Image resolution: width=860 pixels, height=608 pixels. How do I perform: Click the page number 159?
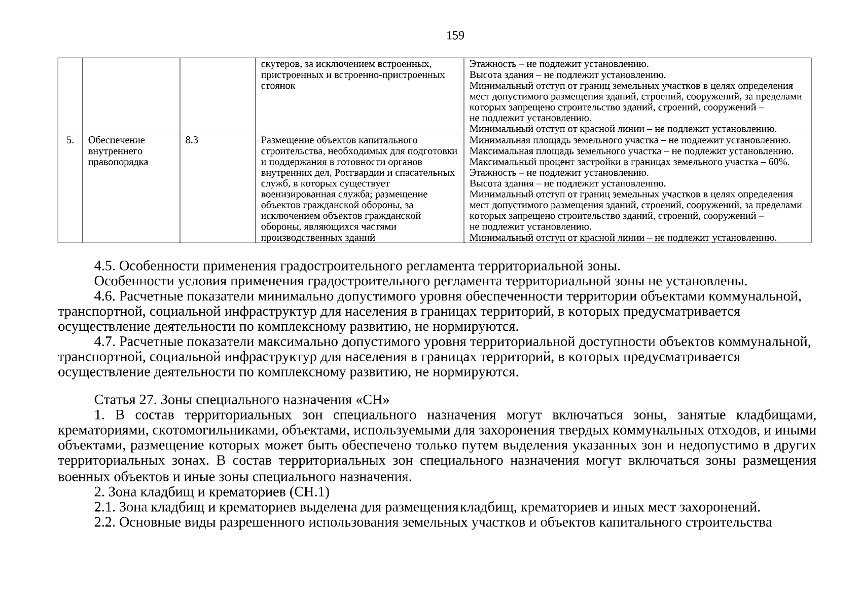(x=455, y=35)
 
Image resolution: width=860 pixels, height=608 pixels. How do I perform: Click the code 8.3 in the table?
(x=192, y=140)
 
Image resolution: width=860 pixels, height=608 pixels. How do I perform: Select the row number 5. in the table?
(x=70, y=140)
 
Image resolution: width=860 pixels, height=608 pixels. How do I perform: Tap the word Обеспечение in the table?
(x=116, y=140)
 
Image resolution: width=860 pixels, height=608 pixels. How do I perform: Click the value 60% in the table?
(x=779, y=162)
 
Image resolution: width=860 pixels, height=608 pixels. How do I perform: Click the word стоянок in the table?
(x=277, y=86)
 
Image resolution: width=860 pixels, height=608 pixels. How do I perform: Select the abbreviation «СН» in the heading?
(x=373, y=400)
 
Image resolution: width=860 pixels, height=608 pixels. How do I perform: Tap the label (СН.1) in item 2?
(x=309, y=492)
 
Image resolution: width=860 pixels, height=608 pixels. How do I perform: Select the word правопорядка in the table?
(x=118, y=162)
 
